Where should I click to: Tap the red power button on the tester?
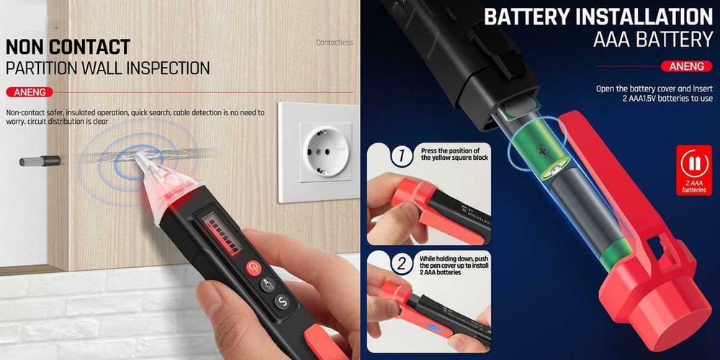pyautogui.click(x=253, y=269)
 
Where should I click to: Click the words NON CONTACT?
pyautogui.click(x=68, y=48)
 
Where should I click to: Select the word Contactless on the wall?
pyautogui.click(x=334, y=42)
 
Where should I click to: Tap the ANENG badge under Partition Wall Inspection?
pyautogui.click(x=29, y=92)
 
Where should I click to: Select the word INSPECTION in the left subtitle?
pyautogui.click(x=166, y=69)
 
